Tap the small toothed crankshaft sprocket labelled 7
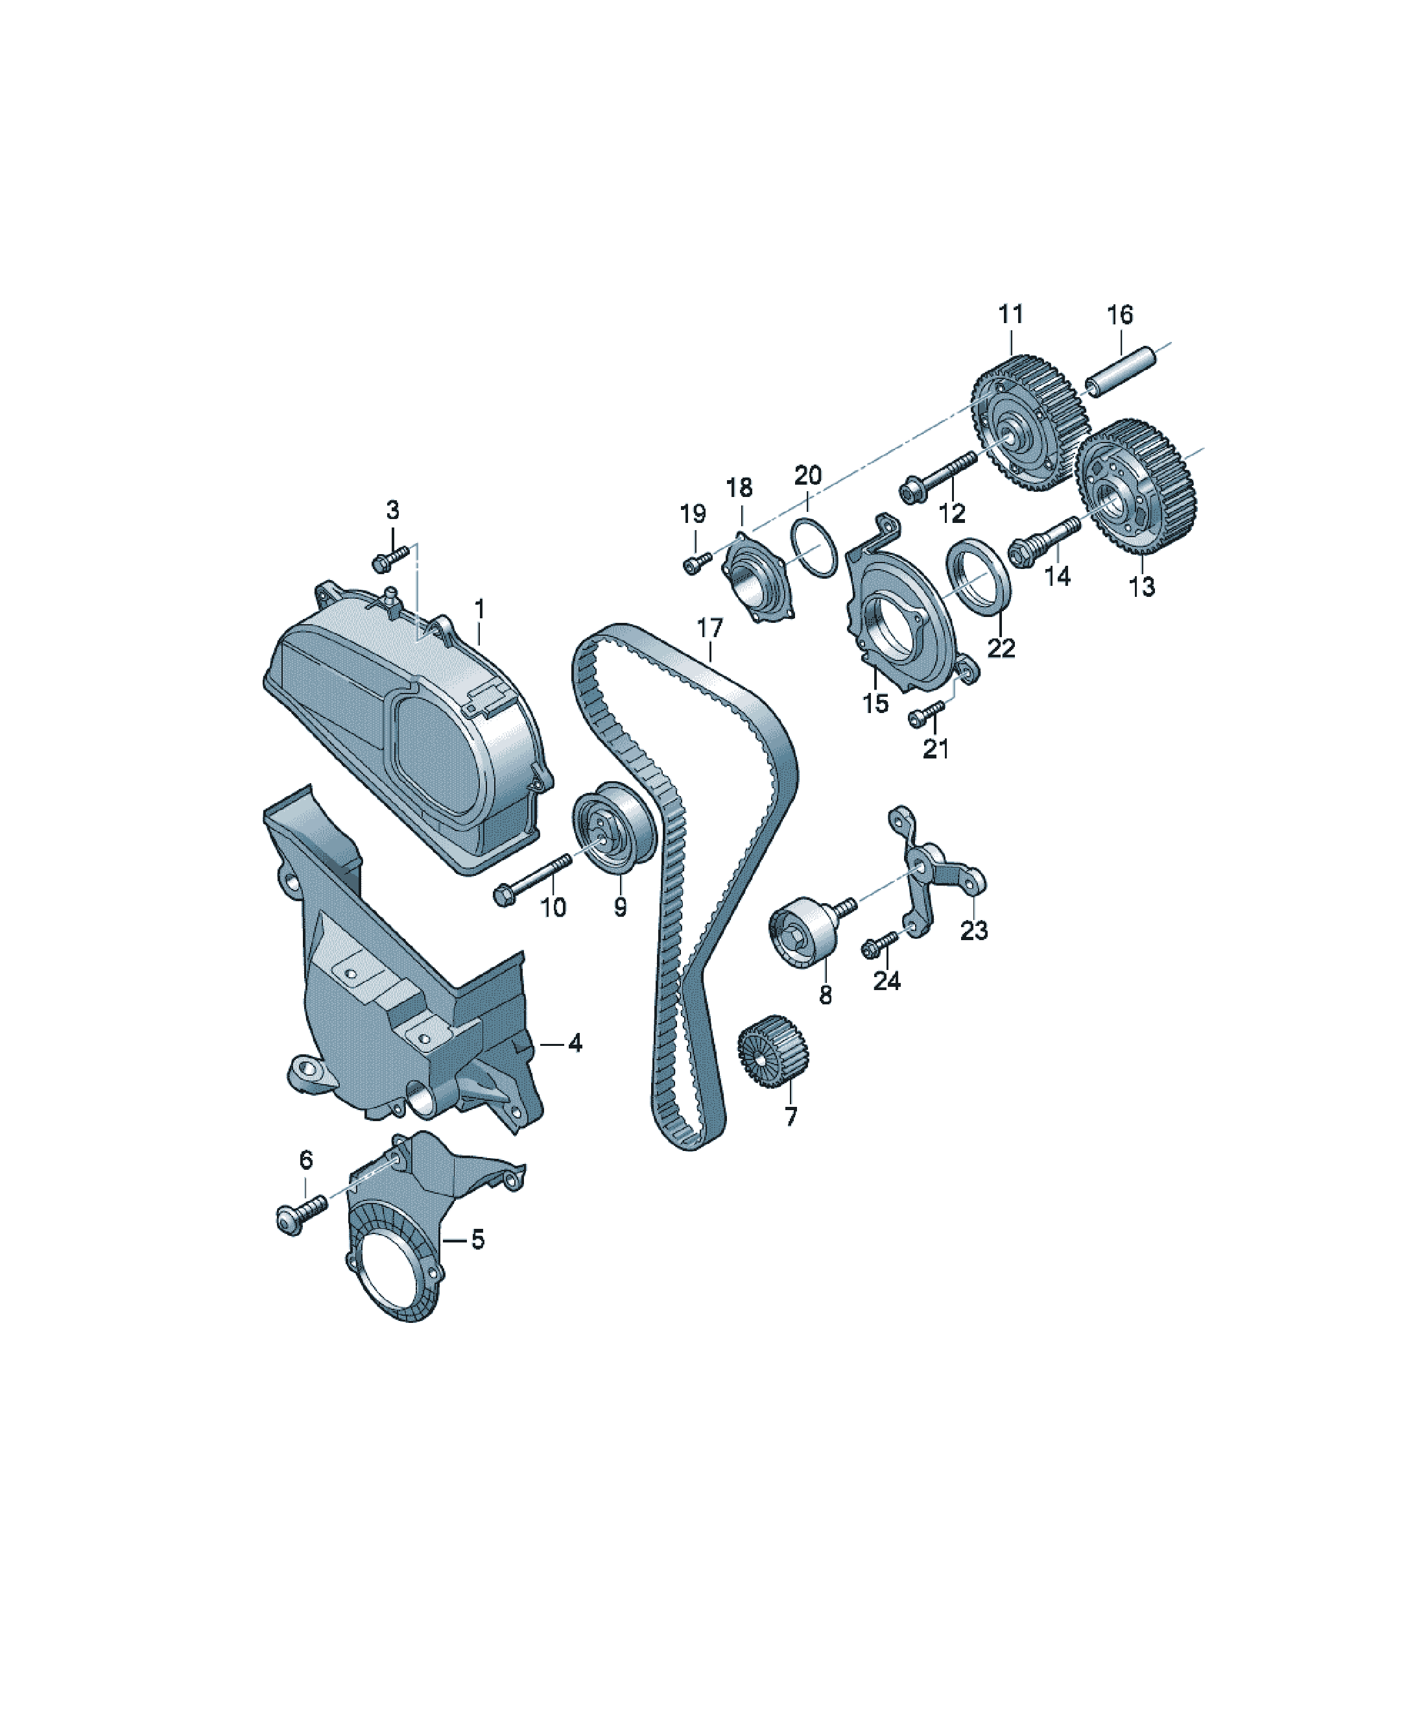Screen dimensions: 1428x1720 (772, 1051)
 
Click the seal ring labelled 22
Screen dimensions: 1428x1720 (978, 574)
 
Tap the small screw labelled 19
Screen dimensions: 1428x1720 (696, 563)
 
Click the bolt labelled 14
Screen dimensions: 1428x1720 (1044, 540)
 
